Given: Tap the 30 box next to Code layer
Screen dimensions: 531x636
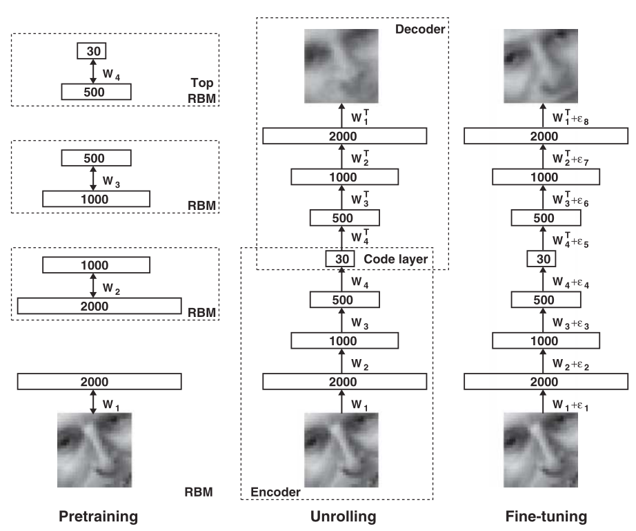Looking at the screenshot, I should (339, 259).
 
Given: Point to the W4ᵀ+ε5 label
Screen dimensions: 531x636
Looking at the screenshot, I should (571, 242).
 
